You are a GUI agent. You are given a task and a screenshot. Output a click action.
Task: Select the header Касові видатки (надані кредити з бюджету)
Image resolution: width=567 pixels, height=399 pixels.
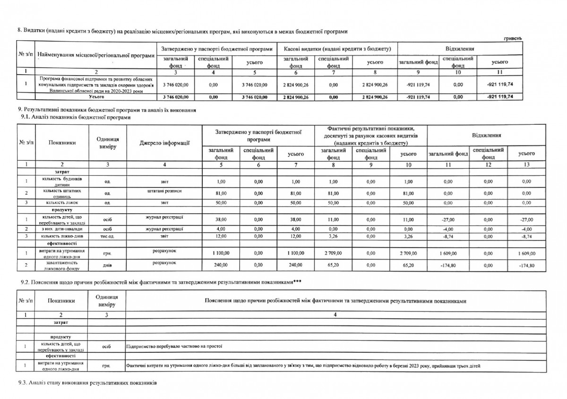[x=337, y=49]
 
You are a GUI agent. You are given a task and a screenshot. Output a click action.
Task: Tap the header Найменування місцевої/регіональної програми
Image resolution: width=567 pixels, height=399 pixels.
[x=96, y=56]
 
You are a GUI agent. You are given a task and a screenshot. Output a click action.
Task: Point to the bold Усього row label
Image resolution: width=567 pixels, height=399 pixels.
[x=97, y=96]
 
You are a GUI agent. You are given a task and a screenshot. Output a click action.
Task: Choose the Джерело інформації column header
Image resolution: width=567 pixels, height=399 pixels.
[x=164, y=142]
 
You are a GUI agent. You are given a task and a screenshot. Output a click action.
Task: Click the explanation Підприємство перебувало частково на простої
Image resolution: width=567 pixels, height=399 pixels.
[x=174, y=346]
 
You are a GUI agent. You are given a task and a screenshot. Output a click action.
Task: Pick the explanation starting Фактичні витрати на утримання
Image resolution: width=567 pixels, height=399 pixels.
[x=305, y=365]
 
